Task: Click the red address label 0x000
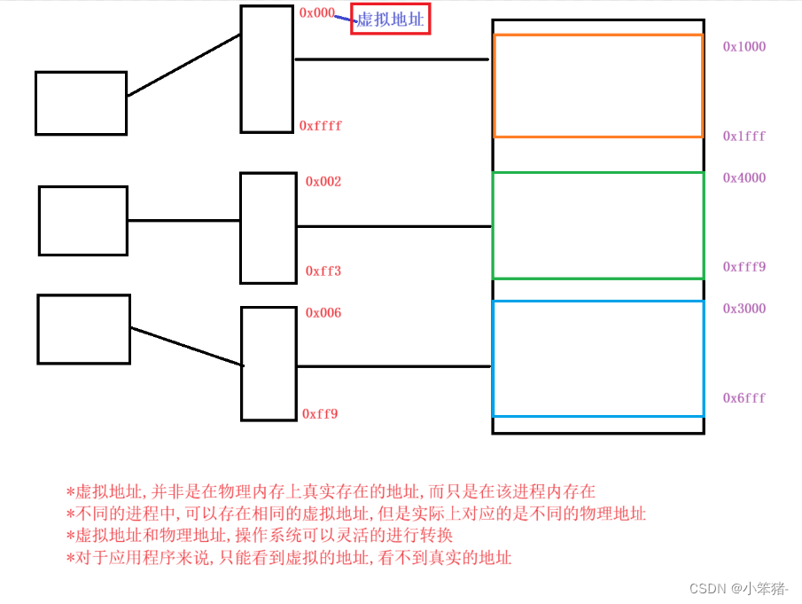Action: (316, 13)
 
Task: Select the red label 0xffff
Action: (320, 126)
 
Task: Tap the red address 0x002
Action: (323, 182)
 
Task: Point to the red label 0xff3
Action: (323, 271)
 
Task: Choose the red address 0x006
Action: (323, 313)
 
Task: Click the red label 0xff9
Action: (320, 413)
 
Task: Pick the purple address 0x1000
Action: (744, 47)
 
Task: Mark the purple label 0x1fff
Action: (744, 137)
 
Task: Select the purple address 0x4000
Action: (744, 178)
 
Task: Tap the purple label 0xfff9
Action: (744, 267)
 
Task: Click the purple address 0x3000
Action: (744, 309)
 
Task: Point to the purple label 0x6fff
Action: (744, 398)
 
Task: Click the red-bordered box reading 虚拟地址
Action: (391, 20)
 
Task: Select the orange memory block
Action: (598, 86)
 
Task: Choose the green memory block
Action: (598, 225)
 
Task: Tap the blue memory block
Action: (598, 358)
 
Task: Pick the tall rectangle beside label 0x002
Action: (268, 228)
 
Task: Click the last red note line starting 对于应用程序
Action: (289, 558)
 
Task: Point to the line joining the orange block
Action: (392, 59)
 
